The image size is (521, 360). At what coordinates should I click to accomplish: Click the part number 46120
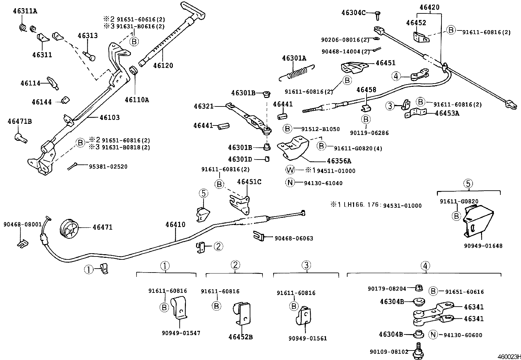pyautogui.click(x=163, y=66)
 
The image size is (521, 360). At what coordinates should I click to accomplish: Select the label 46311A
pyautogui.click(x=25, y=11)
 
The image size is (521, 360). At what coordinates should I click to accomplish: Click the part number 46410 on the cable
pyautogui.click(x=175, y=225)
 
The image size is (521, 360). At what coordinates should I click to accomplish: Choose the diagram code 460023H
pyautogui.click(x=509, y=356)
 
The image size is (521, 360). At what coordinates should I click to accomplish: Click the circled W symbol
pyautogui.click(x=290, y=170)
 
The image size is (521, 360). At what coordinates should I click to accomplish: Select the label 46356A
pyautogui.click(x=339, y=161)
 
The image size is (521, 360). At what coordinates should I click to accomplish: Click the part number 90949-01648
pyautogui.click(x=483, y=246)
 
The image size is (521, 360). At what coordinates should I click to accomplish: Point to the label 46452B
pyautogui.click(x=241, y=337)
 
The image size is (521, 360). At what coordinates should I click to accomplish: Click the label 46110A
pyautogui.click(x=136, y=100)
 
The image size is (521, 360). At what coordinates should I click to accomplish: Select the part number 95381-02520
pyautogui.click(x=108, y=167)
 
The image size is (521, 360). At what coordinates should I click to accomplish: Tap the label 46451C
pyautogui.click(x=249, y=182)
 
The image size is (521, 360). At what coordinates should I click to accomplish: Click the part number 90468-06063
pyautogui.click(x=294, y=238)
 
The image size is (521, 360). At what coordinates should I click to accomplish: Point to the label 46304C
pyautogui.click(x=353, y=12)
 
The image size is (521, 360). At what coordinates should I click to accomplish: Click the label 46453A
pyautogui.click(x=447, y=113)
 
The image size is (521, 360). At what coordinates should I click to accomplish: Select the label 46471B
pyautogui.click(x=20, y=122)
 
